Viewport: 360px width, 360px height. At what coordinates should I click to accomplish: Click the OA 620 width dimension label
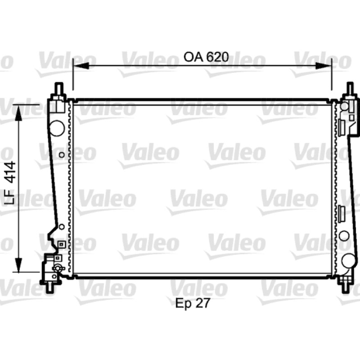click(206, 57)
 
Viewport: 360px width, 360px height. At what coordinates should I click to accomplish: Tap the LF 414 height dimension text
click(10, 183)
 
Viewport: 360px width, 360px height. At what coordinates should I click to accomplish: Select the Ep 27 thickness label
click(193, 303)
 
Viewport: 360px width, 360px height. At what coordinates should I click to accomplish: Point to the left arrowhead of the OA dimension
click(81, 66)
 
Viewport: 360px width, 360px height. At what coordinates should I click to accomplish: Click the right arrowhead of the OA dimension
click(324, 66)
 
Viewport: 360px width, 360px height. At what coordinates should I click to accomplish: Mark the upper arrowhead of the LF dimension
click(18, 113)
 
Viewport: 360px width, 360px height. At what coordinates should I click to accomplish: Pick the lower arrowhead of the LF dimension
click(18, 265)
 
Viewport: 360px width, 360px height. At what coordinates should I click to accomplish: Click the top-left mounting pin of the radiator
click(58, 88)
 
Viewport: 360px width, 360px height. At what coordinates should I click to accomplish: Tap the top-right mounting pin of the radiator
click(350, 88)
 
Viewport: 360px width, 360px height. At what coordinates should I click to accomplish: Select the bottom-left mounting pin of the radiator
click(50, 287)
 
